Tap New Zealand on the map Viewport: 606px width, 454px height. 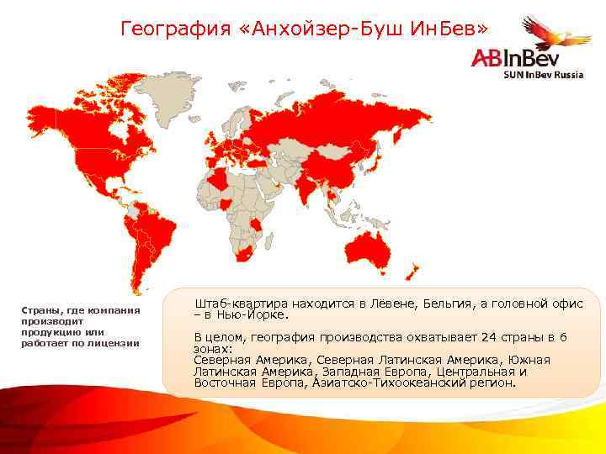coord(412,271)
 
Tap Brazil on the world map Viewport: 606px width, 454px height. coord(156,231)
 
